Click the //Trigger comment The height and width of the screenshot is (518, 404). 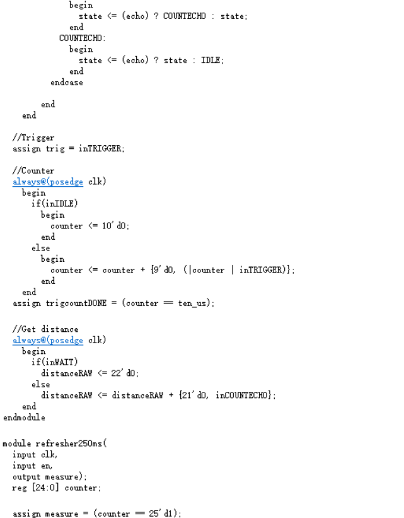[33, 138]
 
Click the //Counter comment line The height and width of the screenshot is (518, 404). [33, 170]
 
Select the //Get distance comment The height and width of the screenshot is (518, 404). [45, 329]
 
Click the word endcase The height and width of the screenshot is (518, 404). [67, 82]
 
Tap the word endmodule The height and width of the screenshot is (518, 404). [24, 417]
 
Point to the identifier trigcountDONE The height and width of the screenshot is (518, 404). [76, 303]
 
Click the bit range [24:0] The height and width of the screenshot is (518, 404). [45, 488]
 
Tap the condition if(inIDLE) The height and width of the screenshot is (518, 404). [55, 204]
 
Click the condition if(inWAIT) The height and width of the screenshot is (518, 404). [55, 362]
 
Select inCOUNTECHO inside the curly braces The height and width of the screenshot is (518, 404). [241, 395]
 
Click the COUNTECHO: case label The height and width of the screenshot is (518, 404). [83, 38]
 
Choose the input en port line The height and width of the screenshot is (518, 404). [32, 466]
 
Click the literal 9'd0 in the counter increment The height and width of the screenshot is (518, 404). [163, 270]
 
